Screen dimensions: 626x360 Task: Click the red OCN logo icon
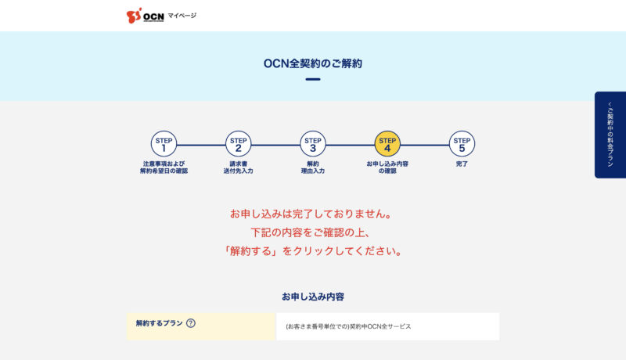(134, 16)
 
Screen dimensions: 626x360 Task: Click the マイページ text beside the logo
(182, 16)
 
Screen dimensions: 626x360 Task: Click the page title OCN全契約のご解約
(313, 63)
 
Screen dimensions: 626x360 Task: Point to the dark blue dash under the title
(313, 79)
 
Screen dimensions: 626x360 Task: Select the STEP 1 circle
(164, 144)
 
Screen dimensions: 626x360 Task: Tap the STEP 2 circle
(239, 144)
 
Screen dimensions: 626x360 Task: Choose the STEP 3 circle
(313, 144)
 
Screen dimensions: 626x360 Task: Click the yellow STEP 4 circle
(387, 144)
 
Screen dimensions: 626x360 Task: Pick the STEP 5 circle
(462, 144)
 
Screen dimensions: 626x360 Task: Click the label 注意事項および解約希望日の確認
(164, 167)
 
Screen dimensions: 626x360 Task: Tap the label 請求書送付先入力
(239, 167)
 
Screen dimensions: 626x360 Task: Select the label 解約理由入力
(313, 167)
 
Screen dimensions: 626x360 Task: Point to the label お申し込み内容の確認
(387, 167)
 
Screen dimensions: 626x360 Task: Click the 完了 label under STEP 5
(462, 164)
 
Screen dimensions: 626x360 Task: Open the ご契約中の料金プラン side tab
(610, 135)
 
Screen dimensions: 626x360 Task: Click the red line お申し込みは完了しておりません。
(311, 214)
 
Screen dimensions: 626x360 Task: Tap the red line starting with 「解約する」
(313, 251)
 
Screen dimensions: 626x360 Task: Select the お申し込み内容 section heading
(313, 297)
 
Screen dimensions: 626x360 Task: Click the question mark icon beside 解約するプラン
(191, 323)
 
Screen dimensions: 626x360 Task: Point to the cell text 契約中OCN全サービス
(380, 326)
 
